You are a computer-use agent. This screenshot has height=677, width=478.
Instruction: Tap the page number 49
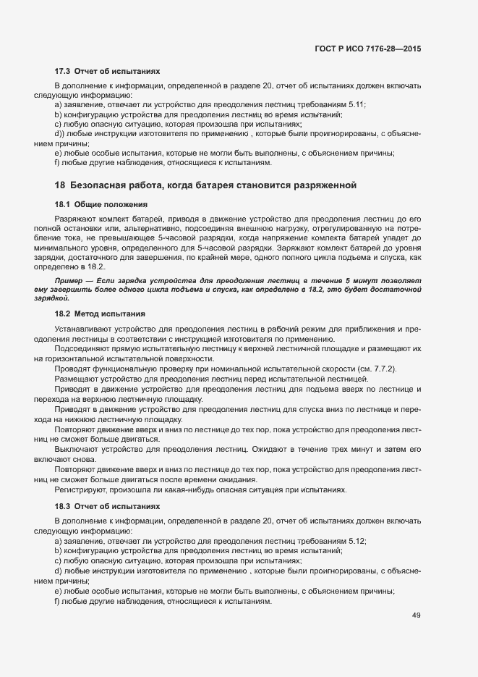(416, 615)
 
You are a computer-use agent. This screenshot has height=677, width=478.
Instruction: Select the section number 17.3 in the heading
(62, 72)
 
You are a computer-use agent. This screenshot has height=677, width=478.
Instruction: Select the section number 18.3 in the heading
(62, 505)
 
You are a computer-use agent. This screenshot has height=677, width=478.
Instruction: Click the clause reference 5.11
(357, 105)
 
